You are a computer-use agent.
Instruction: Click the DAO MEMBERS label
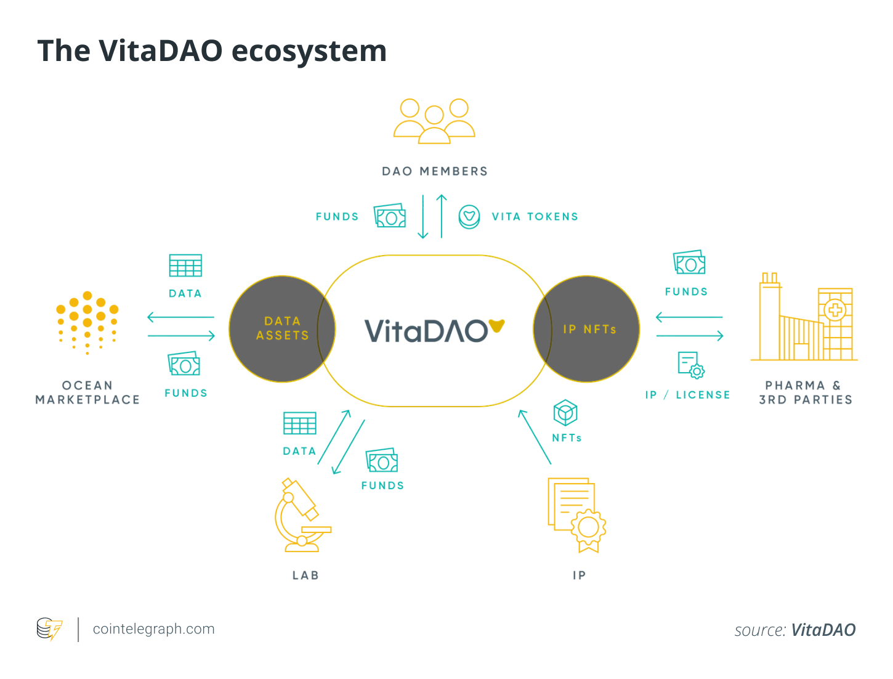(434, 171)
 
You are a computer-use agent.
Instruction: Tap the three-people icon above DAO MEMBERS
(434, 121)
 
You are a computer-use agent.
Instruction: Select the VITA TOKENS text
(535, 216)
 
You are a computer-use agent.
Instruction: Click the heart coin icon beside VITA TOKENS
(469, 216)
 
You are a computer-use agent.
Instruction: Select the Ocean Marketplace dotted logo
(87, 322)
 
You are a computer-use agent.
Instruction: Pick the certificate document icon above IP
(576, 515)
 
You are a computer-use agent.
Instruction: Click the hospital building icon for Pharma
(804, 316)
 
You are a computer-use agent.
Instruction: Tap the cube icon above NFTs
(565, 413)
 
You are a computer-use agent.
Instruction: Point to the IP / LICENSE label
(687, 394)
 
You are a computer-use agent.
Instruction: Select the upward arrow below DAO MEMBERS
(442, 216)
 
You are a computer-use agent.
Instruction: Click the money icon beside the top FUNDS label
(389, 215)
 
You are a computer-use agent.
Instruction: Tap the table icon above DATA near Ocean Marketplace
(185, 265)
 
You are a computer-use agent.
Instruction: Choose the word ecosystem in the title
(309, 51)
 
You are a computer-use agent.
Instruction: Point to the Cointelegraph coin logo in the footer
(49, 628)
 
